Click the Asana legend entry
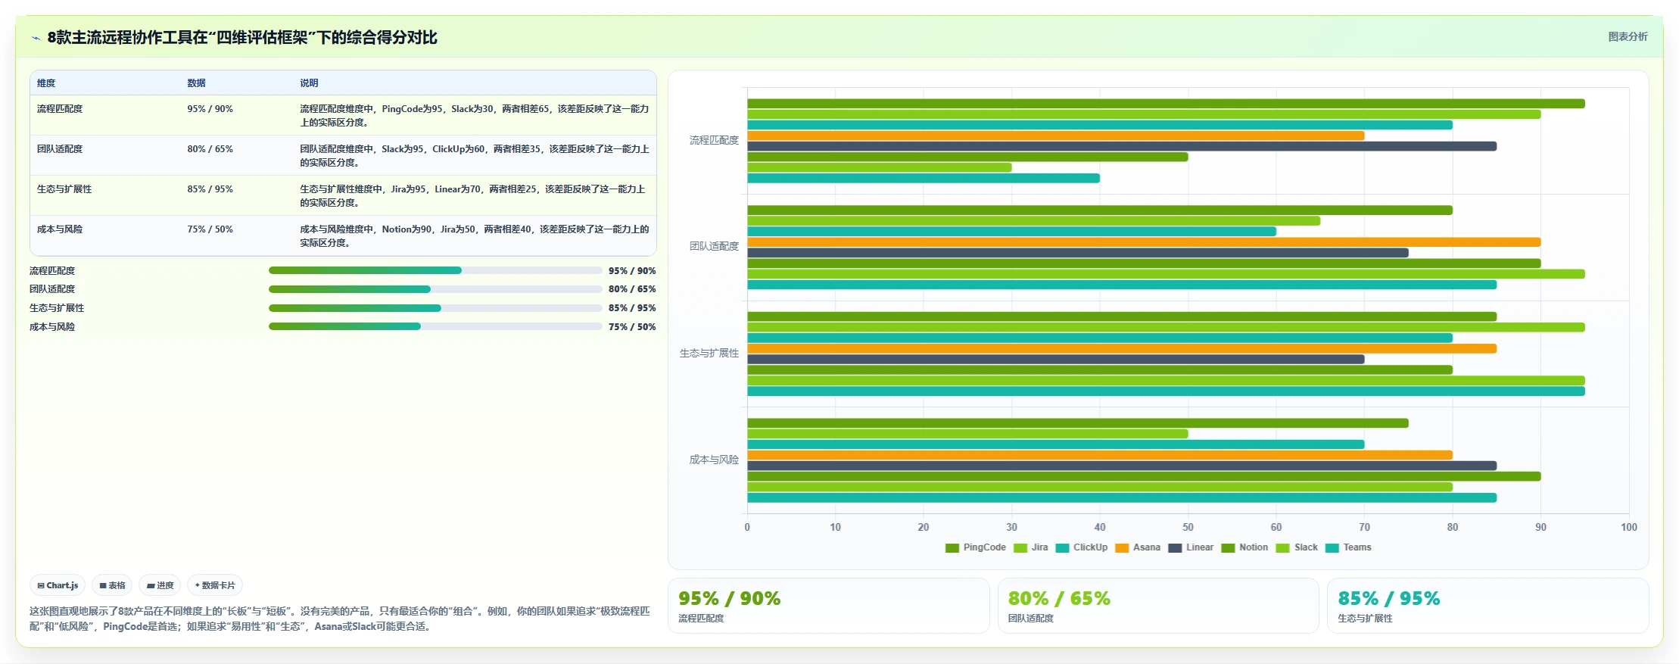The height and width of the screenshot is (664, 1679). point(1138,547)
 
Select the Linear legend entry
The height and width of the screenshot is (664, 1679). point(1191,547)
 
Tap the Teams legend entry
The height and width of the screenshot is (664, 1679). point(1348,547)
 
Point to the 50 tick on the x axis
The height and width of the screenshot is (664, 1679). point(1188,527)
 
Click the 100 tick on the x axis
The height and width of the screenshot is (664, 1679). point(1629,527)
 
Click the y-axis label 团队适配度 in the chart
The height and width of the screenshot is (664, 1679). point(714,246)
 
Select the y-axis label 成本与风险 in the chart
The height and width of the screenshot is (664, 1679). point(714,460)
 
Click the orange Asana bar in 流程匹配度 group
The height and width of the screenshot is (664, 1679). point(1055,136)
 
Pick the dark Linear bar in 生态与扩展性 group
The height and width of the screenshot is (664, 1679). point(1055,360)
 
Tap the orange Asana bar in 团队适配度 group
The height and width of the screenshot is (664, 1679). point(1144,242)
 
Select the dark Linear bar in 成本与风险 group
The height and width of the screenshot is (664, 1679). point(1122,466)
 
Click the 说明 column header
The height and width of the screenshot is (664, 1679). point(309,83)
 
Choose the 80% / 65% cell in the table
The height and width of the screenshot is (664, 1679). point(210,149)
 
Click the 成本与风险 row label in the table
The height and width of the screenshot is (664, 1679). point(60,229)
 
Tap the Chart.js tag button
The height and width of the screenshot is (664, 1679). point(58,585)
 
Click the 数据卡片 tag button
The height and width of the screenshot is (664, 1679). point(215,585)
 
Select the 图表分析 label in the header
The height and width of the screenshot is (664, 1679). point(1628,36)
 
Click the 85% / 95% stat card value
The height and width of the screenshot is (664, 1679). point(1388,598)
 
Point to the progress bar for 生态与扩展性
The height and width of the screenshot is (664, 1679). point(435,308)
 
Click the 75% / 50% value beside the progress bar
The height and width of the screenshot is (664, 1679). point(632,327)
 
